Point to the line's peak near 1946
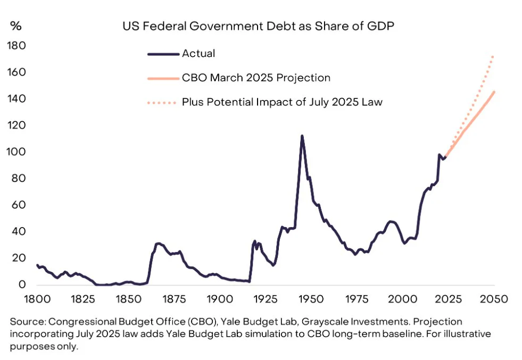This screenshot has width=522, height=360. coord(302,136)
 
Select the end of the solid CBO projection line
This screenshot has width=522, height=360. coord(494,92)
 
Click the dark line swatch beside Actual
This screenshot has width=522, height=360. coord(162,53)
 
